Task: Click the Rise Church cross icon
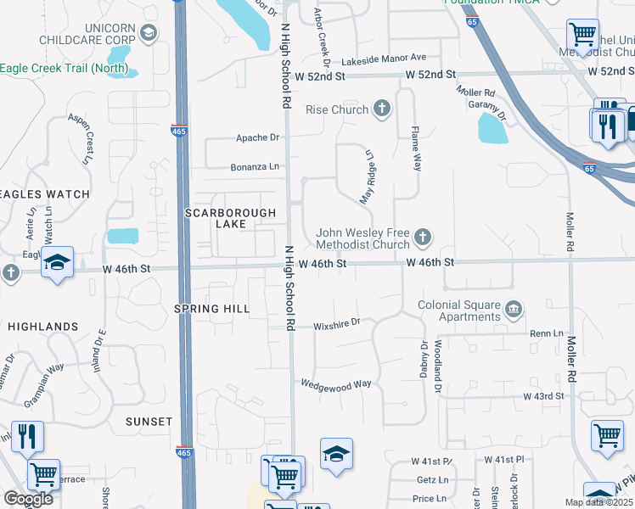[x=382, y=109]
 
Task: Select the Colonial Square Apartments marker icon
[x=513, y=307]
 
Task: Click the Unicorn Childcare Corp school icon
[x=149, y=33]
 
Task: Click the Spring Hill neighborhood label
[x=211, y=308]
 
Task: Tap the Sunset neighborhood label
[x=149, y=421]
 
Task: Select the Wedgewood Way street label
[x=335, y=384]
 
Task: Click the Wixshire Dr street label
[x=337, y=322]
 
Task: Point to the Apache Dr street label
[x=257, y=137]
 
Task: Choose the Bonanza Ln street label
[x=255, y=167]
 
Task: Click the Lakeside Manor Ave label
[x=384, y=58]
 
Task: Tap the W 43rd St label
[x=543, y=396]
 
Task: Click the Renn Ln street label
[x=541, y=334]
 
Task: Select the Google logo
[x=28, y=499]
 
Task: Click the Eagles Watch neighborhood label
[x=44, y=194]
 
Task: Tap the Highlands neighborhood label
[x=42, y=326]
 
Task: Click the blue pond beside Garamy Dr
[x=492, y=129]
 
